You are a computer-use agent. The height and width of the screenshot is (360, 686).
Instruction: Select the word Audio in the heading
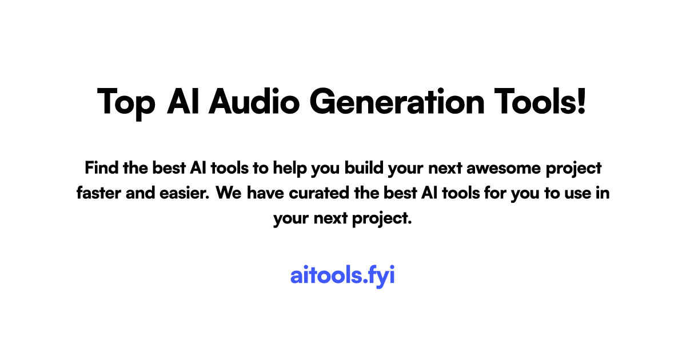point(254,101)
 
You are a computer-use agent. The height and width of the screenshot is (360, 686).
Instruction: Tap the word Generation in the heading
point(397,101)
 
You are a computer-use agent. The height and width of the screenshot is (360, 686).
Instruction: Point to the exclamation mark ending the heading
point(581,101)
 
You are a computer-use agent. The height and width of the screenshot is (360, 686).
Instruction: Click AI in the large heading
point(183,101)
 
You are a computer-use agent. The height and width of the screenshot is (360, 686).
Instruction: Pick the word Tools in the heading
point(535,101)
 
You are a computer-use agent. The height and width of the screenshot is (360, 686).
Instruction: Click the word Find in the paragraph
point(101,168)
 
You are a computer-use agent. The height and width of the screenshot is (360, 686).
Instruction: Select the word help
point(290,169)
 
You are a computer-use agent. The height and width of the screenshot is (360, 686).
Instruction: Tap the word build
point(364,168)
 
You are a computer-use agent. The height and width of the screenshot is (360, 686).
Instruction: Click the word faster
point(98,193)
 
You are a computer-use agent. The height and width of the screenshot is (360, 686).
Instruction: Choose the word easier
point(184,194)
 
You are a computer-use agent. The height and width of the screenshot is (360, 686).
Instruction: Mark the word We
point(229,194)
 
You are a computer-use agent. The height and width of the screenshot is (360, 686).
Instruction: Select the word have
point(265,193)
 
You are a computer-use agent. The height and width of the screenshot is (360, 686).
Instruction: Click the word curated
point(319,193)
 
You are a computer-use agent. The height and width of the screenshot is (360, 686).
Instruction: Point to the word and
point(140,193)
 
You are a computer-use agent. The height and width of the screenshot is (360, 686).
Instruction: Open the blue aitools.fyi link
point(342,276)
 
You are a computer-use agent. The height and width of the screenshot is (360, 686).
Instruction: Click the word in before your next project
point(603,193)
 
